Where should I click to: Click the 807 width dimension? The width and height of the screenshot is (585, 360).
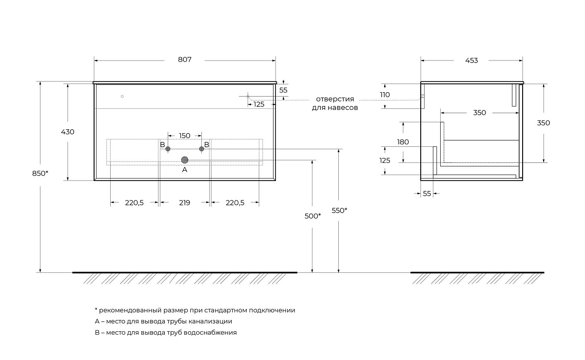pos(184,60)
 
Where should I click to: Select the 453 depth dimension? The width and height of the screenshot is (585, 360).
pos(471,60)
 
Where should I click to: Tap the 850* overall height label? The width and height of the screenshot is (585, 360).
pos(40,174)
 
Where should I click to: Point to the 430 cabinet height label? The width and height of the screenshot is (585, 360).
pos(68,132)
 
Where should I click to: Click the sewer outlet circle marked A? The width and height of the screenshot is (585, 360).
pos(185,160)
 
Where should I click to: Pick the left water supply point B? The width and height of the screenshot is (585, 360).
pos(168,149)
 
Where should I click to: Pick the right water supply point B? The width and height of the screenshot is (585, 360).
pos(201,149)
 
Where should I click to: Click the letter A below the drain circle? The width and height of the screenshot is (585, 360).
pos(184,170)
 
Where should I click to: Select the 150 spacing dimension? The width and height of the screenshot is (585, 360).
pos(184,136)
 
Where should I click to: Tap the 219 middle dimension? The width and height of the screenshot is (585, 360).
pos(184,203)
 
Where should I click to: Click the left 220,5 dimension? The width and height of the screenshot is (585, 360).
pos(134,203)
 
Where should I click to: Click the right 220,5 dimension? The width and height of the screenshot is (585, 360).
pos(234,203)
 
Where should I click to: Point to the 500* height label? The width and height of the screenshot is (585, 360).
pos(312,216)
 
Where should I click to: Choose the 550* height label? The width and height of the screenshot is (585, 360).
pos(339,210)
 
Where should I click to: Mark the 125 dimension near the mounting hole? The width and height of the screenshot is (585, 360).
pos(259,104)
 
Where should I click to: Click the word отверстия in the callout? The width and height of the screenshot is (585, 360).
pos(335,99)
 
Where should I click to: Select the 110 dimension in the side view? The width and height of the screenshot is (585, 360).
pos(385,95)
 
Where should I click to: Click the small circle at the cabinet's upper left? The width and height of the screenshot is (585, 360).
pos(122,97)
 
